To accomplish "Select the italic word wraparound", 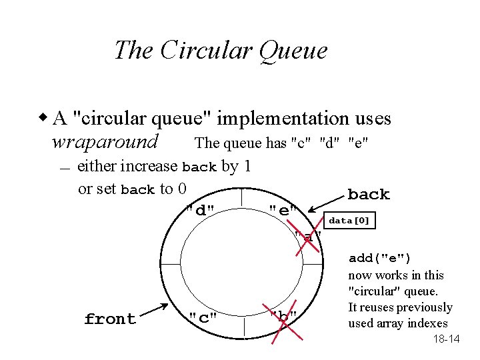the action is click(x=105, y=142).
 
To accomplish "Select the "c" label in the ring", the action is click(x=203, y=317).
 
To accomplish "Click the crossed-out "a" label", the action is click(x=307, y=237).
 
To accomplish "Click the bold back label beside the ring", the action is click(x=369, y=195).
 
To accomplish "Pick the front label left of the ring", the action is click(x=110, y=319).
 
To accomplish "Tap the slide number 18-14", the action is click(x=446, y=339).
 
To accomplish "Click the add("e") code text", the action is click(x=380, y=259).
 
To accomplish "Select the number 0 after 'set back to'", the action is click(x=182, y=189).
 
